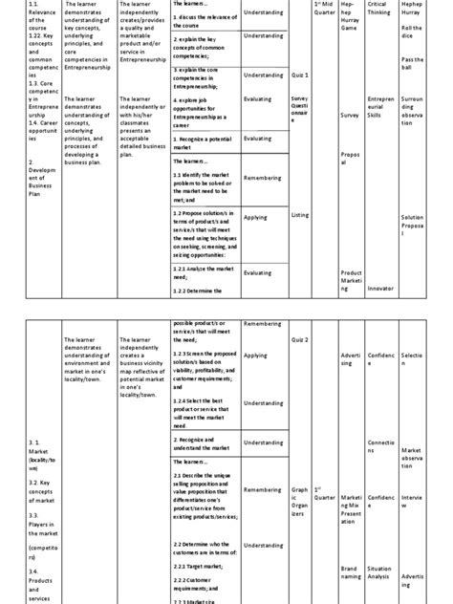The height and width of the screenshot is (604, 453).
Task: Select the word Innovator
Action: coord(379,287)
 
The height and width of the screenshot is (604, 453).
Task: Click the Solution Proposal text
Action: coord(414,226)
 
